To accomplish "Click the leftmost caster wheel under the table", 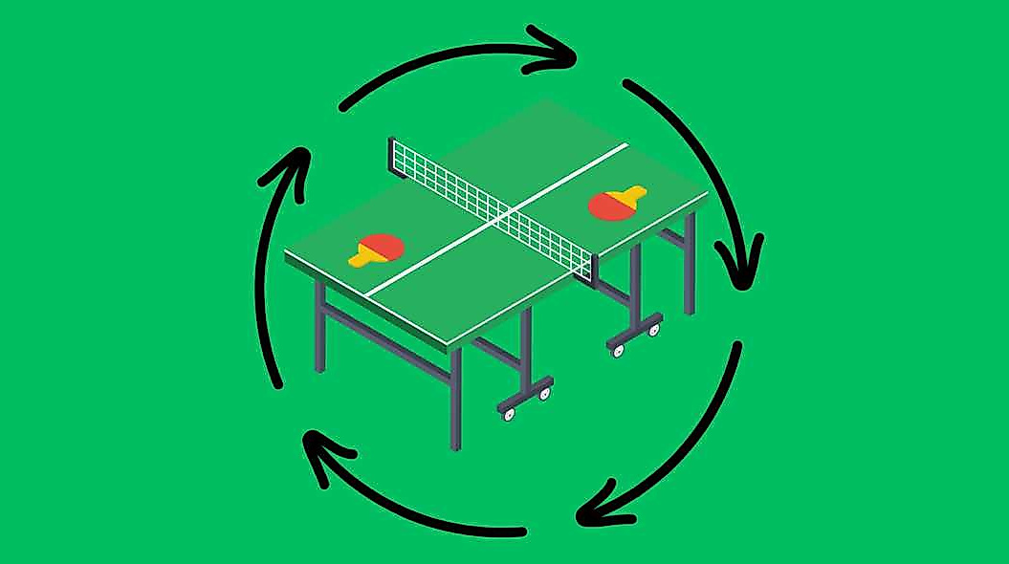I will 508,413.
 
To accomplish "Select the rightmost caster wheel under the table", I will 655,329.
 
